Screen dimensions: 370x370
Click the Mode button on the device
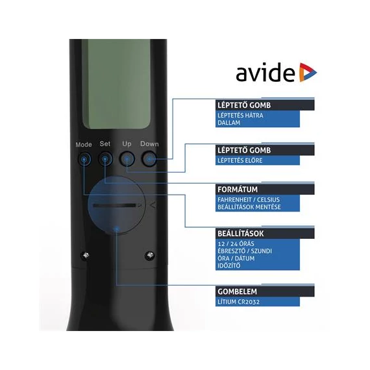(84, 160)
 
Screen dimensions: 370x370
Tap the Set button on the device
(105, 159)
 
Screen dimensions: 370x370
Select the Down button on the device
(149, 159)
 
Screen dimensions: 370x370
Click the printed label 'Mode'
(84, 144)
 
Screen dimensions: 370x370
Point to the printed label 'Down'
(149, 143)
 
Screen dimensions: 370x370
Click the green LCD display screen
(116, 84)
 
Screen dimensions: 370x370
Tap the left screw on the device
(86, 255)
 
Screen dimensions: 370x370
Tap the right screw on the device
(150, 255)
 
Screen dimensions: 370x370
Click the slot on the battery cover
(115, 206)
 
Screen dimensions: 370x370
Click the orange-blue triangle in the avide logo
(307, 72)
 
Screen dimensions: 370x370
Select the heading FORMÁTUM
(238, 190)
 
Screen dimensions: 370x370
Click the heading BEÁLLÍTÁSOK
(240, 234)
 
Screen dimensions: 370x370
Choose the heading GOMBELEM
(237, 291)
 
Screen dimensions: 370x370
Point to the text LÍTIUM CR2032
(239, 302)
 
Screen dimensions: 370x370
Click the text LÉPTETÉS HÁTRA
(240, 116)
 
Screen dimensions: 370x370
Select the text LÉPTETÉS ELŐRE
(240, 160)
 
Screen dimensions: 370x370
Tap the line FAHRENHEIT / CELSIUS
(249, 200)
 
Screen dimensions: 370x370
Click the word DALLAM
(228, 123)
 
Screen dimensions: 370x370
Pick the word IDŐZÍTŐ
(229, 265)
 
